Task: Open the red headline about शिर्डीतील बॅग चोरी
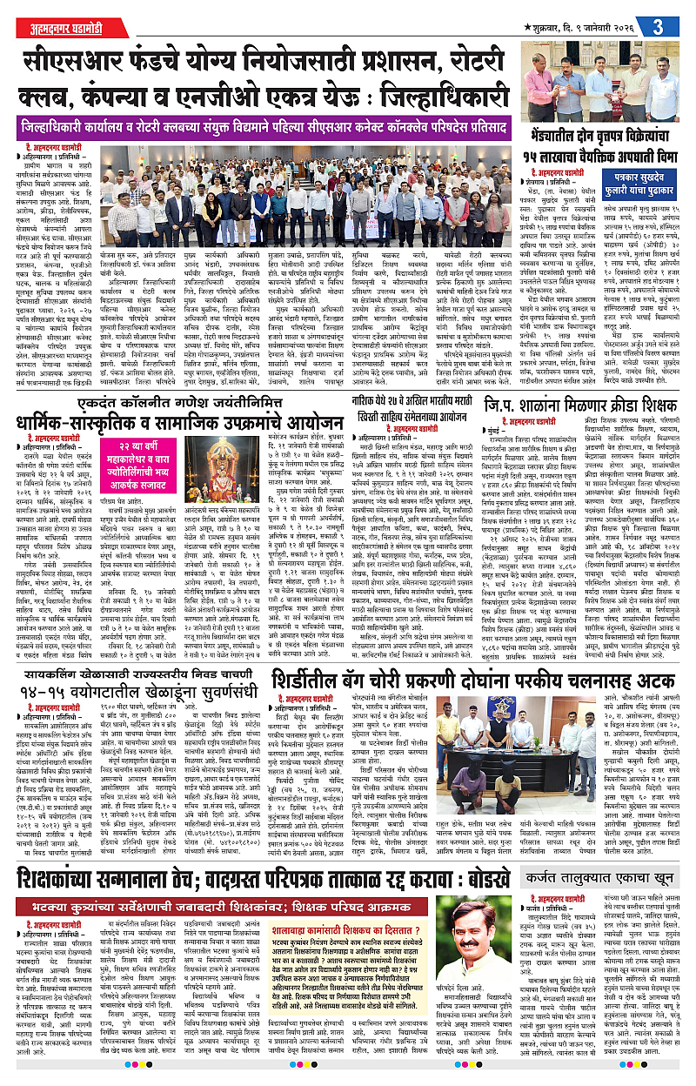[x=470, y=679]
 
